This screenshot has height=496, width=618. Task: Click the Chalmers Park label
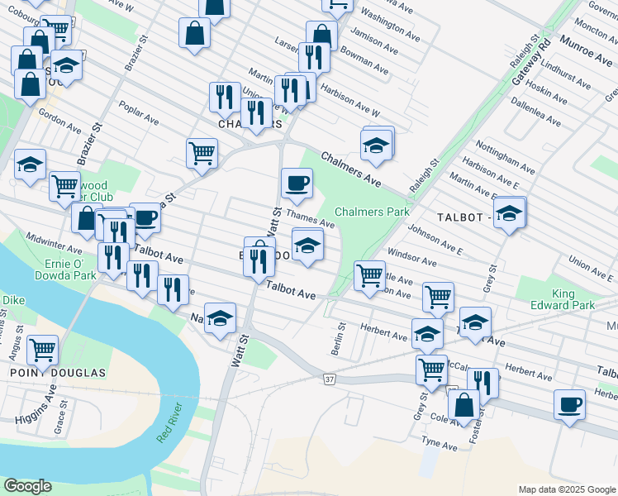point(372,212)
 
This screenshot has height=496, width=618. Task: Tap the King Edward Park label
point(574,299)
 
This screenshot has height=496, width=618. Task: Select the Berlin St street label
point(337,341)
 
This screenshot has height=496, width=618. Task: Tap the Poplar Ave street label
point(138,114)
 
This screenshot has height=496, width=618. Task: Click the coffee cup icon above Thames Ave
point(297,183)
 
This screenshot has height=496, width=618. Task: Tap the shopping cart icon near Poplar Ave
point(202,152)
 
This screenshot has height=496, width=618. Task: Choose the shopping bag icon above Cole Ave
point(463,404)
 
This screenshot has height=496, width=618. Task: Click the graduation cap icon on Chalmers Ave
point(376,144)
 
